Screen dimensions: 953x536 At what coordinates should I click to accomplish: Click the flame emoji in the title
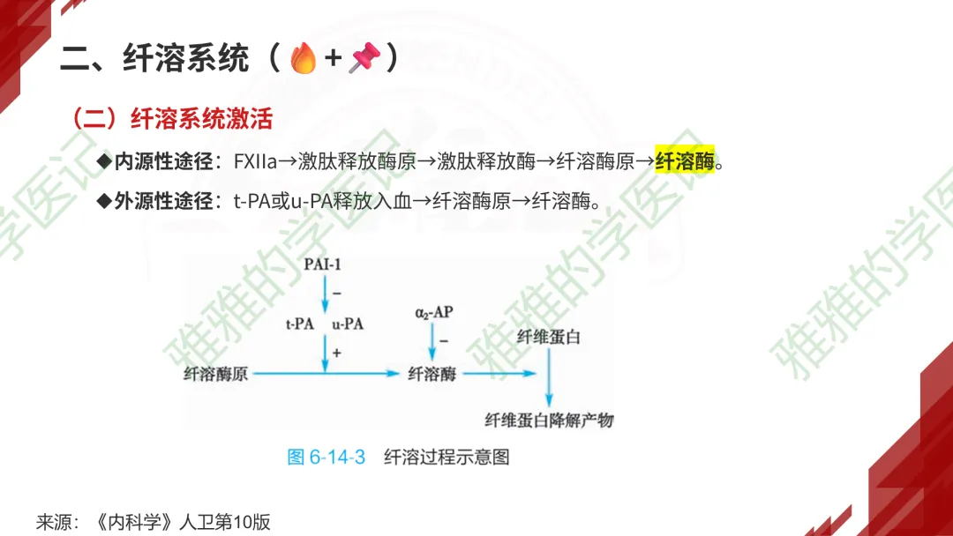(x=303, y=59)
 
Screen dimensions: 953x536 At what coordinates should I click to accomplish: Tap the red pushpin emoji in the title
(x=364, y=59)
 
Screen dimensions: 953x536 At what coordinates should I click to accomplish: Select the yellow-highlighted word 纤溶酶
(x=684, y=161)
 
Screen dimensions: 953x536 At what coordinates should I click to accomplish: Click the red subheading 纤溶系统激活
(x=201, y=118)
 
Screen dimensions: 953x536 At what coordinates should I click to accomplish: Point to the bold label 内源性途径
(x=164, y=161)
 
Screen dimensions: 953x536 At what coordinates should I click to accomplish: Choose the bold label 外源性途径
(x=164, y=201)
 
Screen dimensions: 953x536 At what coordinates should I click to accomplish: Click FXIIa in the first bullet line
(x=256, y=161)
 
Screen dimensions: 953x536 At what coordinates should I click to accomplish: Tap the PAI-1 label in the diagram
(x=322, y=264)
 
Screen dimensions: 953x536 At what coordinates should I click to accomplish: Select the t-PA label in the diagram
(x=300, y=324)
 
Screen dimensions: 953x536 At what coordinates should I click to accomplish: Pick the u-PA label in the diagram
(x=348, y=324)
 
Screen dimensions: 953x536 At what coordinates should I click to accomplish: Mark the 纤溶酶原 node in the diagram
(x=216, y=374)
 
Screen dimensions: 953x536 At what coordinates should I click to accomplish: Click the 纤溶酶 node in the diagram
(x=431, y=374)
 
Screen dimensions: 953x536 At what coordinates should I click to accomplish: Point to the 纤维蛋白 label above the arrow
(x=549, y=337)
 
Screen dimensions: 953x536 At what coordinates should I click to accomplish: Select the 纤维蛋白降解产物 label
(x=549, y=420)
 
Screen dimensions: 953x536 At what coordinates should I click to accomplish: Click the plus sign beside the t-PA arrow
(x=336, y=352)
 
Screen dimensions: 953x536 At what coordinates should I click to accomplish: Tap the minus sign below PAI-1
(x=336, y=293)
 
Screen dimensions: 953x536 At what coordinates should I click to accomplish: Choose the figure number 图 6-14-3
(x=326, y=457)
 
